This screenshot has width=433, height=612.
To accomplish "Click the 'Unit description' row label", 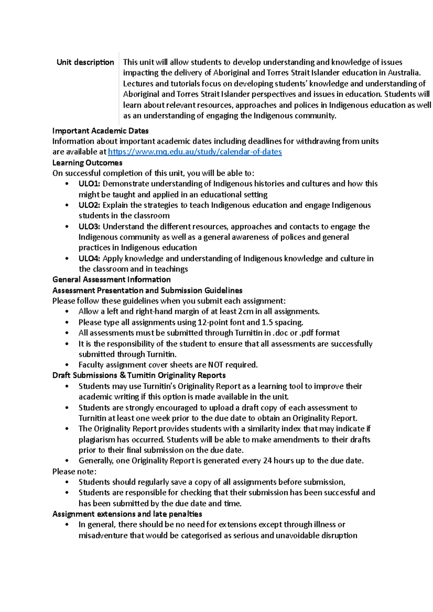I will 85,62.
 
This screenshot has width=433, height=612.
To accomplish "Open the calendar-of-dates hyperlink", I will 195,152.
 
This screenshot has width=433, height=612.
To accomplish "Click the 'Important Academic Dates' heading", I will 100,131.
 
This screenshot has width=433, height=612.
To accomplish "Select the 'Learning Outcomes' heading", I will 87,163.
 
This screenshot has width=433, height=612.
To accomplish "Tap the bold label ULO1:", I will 89,184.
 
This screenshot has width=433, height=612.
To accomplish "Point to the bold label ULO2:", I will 89,205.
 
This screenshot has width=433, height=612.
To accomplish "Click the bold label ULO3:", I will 89,227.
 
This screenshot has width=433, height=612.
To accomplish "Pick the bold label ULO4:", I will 89,258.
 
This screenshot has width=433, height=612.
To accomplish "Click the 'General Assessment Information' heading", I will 111,280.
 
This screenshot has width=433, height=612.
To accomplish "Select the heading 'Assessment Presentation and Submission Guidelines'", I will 147,291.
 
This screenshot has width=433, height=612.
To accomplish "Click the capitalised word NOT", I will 216,365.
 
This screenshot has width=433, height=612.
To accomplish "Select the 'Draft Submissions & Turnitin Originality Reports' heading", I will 139,376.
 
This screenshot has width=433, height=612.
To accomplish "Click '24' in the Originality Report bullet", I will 267,461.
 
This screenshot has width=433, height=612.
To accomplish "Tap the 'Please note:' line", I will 74,471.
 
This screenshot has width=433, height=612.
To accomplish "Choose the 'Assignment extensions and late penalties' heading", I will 127,514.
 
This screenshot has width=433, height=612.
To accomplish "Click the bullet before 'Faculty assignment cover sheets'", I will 67,365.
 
